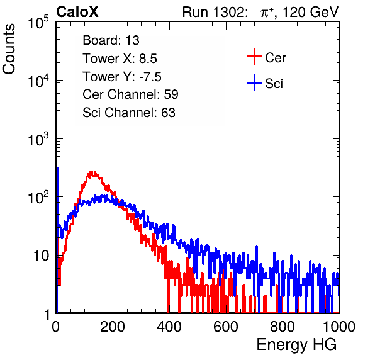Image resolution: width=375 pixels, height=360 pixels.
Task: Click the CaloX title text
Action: (77, 12)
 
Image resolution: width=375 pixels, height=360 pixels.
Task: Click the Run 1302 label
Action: (215, 12)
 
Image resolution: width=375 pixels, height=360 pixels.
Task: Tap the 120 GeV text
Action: (311, 12)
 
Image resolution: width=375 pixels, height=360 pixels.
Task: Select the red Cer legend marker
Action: (254, 57)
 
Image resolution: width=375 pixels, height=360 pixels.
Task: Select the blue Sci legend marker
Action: (254, 82)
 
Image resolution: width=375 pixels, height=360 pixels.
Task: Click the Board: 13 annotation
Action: (111, 40)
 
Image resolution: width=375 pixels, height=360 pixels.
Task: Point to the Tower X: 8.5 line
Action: (120, 59)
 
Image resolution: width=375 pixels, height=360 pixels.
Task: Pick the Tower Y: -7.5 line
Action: (122, 77)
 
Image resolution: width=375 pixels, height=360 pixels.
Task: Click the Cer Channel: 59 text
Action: (130, 94)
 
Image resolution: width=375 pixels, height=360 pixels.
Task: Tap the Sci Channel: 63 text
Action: (129, 113)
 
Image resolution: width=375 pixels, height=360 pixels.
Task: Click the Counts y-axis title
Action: (9, 49)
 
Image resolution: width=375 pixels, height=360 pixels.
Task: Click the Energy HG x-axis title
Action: (296, 344)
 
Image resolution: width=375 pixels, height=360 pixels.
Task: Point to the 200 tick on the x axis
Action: (113, 327)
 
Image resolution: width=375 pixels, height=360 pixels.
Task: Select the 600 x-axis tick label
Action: (226, 327)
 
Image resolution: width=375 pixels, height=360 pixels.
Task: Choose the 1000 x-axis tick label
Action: (339, 327)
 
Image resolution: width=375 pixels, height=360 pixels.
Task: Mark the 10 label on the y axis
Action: (41, 256)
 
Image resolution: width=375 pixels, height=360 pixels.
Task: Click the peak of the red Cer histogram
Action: (91, 172)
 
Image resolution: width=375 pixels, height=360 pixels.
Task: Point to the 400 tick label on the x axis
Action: (169, 327)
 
